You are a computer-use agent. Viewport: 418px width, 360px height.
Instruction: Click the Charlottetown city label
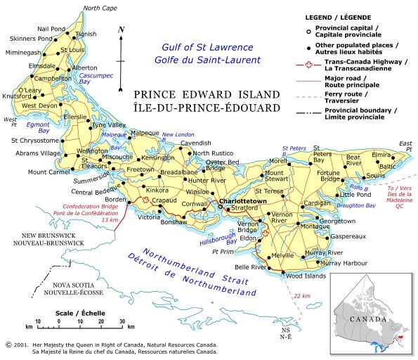click(243, 202)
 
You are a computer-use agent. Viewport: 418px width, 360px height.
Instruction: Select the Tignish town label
click(86, 33)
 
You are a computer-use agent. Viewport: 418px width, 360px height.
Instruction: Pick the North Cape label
click(100, 8)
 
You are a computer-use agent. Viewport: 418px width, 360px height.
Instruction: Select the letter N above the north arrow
click(122, 29)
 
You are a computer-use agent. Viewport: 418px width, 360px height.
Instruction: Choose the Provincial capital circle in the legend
click(307, 30)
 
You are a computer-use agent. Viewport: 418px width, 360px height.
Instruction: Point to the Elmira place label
click(381, 154)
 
